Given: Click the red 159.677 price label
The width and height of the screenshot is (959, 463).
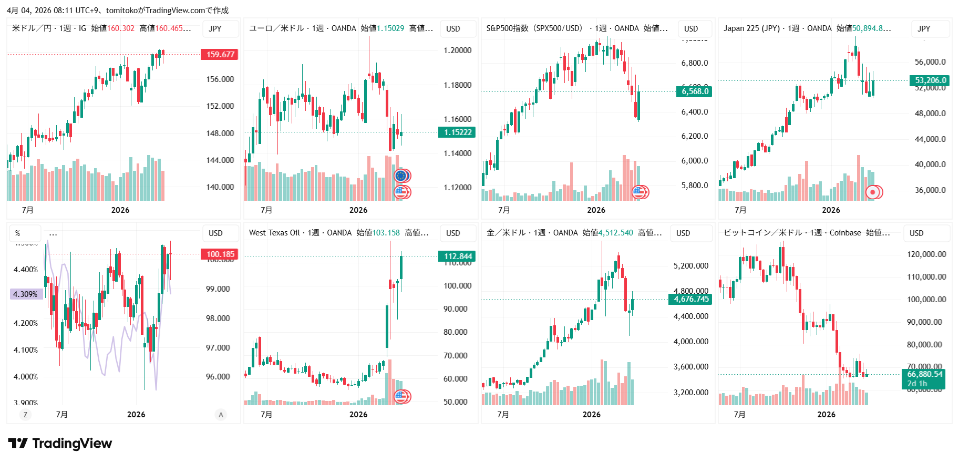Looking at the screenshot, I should click(220, 55).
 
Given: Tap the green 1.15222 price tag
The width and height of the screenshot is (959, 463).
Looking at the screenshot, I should click(457, 132).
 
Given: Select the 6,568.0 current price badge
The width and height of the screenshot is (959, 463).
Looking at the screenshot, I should click(695, 91).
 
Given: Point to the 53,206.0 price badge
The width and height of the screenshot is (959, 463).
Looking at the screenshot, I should click(930, 80).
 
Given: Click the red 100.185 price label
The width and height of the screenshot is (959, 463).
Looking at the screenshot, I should click(220, 254).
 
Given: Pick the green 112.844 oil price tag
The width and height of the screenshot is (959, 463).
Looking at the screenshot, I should click(457, 256).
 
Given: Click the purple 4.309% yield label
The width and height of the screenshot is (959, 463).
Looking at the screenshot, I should click(26, 294).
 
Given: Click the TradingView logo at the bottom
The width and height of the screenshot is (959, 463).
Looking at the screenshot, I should click(60, 444).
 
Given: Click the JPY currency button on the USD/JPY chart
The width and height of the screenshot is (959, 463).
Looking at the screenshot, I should click(215, 29).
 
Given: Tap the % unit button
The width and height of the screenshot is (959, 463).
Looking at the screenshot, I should click(18, 233).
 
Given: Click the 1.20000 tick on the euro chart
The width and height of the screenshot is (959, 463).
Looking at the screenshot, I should click(457, 50).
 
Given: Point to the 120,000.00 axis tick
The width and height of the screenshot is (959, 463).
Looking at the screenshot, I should click(926, 254).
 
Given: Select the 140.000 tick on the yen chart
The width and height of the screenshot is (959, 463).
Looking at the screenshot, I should click(220, 187).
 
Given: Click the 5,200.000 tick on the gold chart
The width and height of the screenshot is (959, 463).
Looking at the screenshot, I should click(690, 266).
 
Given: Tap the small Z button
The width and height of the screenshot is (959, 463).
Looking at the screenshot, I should click(25, 415).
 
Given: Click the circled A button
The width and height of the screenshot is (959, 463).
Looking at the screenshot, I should click(221, 415).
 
